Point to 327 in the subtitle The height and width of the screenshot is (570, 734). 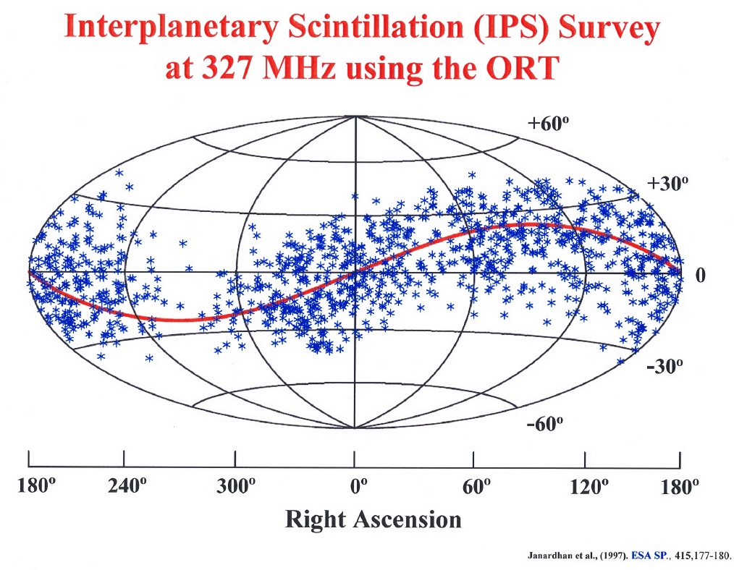226,68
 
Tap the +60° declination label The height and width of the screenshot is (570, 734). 548,124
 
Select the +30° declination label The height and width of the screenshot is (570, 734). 667,183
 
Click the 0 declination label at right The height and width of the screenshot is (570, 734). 700,275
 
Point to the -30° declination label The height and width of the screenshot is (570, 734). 665,366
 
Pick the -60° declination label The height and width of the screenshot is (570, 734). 545,425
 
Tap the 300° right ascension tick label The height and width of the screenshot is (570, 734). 236,486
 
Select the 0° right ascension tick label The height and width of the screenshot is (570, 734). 358,486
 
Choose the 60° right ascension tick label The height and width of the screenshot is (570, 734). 476,486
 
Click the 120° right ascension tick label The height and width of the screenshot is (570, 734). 589,486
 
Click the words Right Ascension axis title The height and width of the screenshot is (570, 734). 373,519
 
